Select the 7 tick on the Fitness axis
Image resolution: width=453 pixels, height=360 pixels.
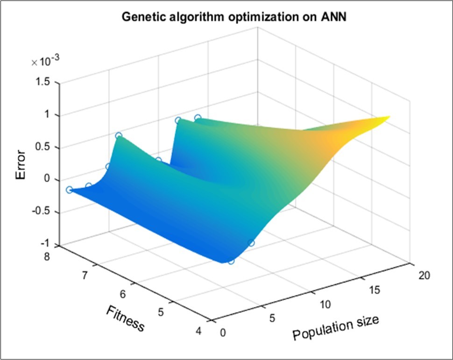pyautogui.click(x=85, y=276)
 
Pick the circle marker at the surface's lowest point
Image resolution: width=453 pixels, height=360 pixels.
pyautogui.click(x=231, y=261)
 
